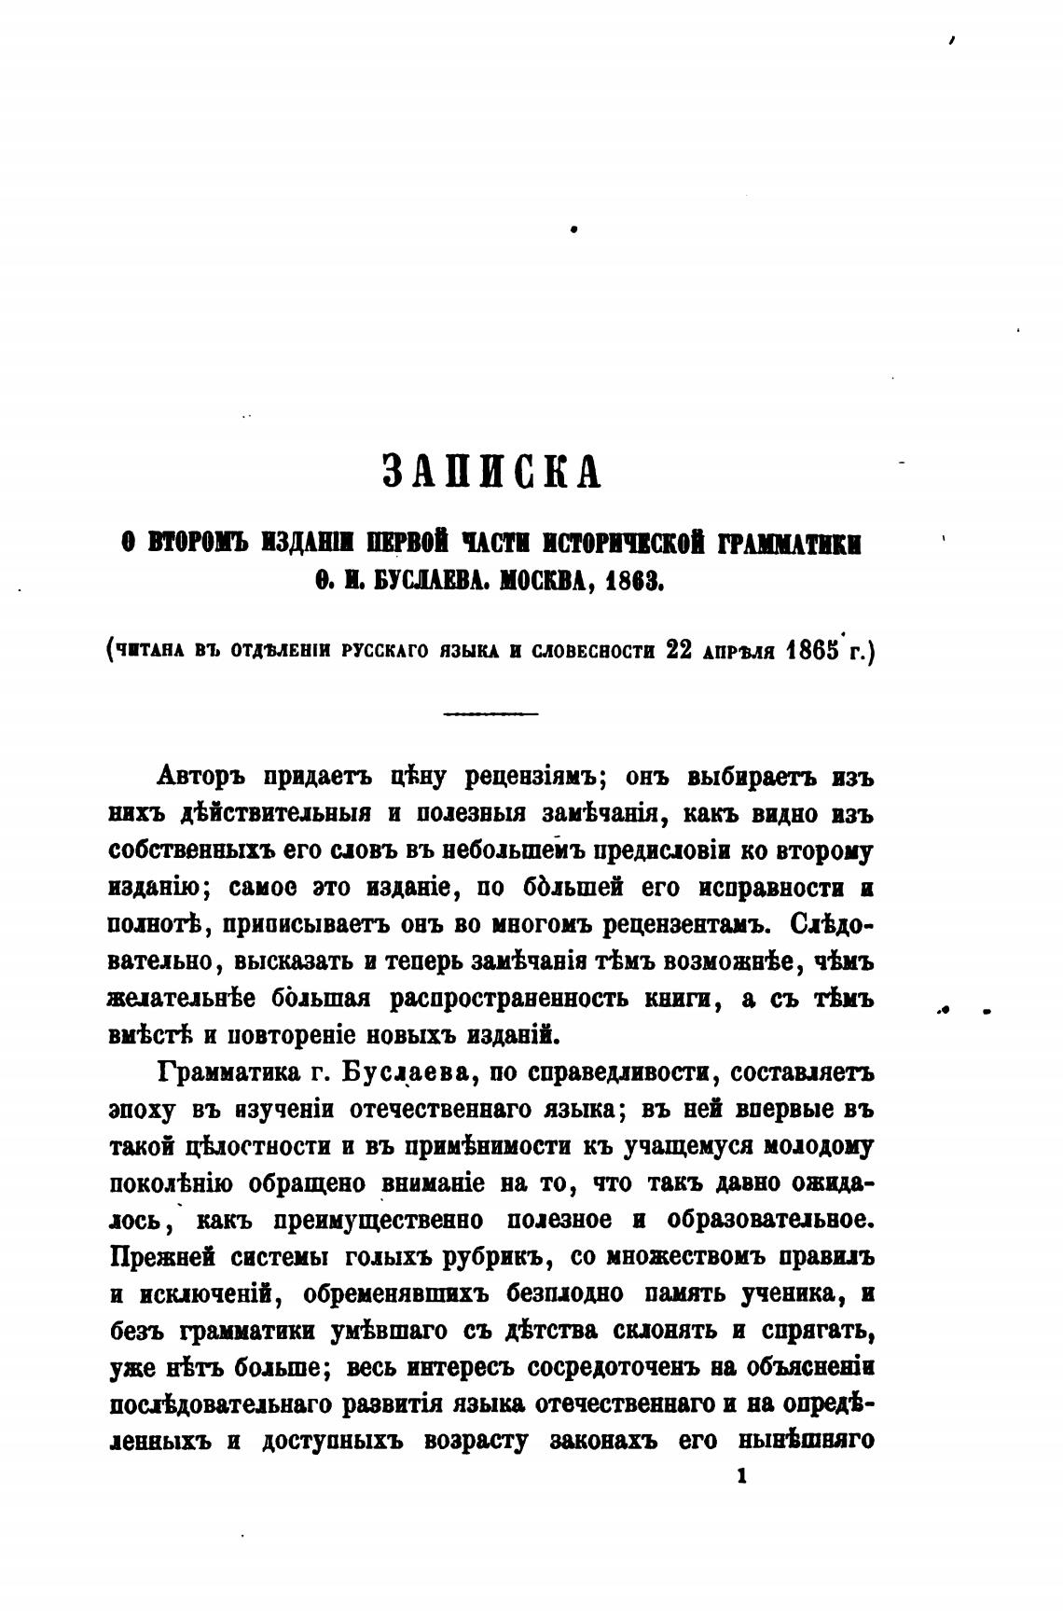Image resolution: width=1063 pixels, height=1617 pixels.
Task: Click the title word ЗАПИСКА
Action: click(492, 472)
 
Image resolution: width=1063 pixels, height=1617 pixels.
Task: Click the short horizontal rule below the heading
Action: click(491, 714)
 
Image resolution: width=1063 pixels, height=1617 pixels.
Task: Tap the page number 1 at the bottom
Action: click(741, 1475)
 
